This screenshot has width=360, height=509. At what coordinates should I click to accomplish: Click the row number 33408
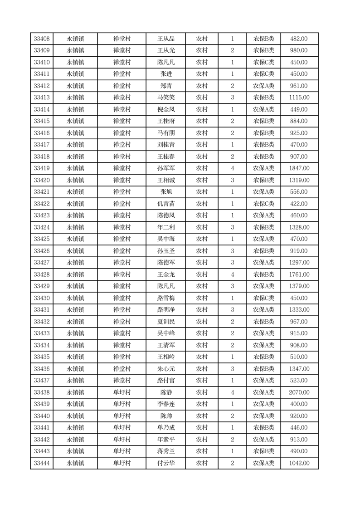pyautogui.click(x=42, y=39)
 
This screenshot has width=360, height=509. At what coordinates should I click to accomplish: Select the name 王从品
pyautogui.click(x=165, y=39)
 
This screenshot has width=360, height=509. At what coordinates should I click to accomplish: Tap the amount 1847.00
pyautogui.click(x=299, y=168)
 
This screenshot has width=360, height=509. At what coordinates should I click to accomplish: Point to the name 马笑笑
pyautogui.click(x=165, y=98)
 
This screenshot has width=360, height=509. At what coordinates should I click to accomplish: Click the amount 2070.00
pyautogui.click(x=299, y=392)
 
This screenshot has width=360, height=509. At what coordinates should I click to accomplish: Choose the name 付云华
pyautogui.click(x=165, y=463)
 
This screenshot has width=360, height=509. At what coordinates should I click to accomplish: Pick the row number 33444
pyautogui.click(x=42, y=463)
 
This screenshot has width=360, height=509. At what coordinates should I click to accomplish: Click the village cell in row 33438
pyautogui.click(x=122, y=392)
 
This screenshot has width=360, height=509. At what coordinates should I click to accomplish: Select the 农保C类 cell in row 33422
pyautogui.click(x=263, y=204)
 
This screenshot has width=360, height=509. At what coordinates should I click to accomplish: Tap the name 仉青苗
pyautogui.click(x=165, y=204)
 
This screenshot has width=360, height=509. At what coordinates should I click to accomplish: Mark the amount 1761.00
pyautogui.click(x=299, y=274)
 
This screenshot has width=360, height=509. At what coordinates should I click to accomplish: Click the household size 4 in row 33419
pyautogui.click(x=232, y=168)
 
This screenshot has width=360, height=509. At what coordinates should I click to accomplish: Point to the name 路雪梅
pyautogui.click(x=165, y=298)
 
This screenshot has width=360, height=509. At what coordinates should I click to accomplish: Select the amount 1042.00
pyautogui.click(x=299, y=463)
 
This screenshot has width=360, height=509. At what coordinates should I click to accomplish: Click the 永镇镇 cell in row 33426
pyautogui.click(x=75, y=251)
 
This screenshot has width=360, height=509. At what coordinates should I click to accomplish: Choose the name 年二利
pyautogui.click(x=165, y=227)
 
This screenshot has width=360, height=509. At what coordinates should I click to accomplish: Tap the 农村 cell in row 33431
pyautogui.click(x=202, y=310)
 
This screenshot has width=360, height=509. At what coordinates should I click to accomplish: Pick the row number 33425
pyautogui.click(x=42, y=239)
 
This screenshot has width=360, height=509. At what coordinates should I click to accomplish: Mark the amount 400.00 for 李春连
pyautogui.click(x=299, y=404)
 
